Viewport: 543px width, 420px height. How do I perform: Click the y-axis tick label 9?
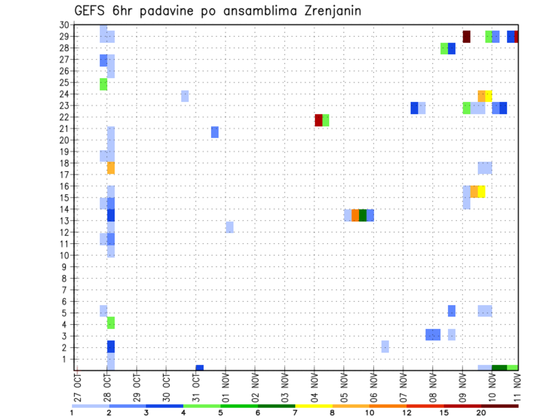[66, 267]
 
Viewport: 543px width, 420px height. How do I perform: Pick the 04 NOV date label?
[315, 389]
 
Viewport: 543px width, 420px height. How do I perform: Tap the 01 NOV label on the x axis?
[226, 389]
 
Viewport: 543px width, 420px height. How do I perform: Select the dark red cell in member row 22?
[318, 120]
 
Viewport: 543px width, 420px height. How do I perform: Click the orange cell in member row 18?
[111, 168]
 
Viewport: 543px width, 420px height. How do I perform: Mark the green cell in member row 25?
[104, 84]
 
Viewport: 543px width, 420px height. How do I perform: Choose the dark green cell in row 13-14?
[363, 215]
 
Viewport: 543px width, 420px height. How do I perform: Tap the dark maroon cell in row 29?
[467, 36]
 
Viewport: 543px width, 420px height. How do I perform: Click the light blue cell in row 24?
[185, 96]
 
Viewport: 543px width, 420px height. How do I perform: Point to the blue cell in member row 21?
[215, 132]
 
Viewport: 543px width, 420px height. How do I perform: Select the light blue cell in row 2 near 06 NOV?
[385, 346]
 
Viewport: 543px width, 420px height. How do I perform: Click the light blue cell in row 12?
[230, 227]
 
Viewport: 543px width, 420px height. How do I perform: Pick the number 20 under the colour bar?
[481, 413]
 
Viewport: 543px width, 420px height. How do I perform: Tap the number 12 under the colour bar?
[407, 413]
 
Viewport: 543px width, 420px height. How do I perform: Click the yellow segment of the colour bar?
[313, 406]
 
